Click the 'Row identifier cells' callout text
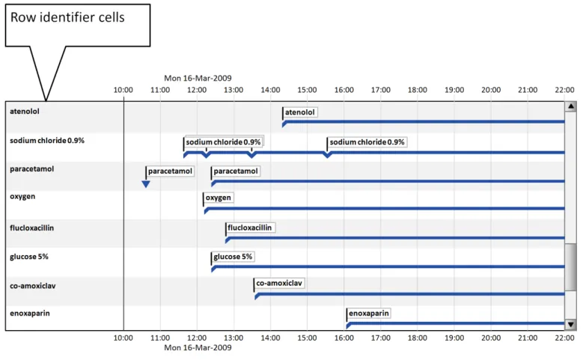67,16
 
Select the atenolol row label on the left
25,112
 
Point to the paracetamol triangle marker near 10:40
146,183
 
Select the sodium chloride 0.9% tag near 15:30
367,142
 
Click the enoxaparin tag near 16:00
370,314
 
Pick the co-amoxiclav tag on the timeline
279,284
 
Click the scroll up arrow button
570,107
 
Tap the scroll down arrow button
570,324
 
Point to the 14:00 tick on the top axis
270,90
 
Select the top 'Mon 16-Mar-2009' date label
198,78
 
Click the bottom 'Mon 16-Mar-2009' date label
198,348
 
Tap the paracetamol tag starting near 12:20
236,171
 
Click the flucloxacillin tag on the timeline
251,228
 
